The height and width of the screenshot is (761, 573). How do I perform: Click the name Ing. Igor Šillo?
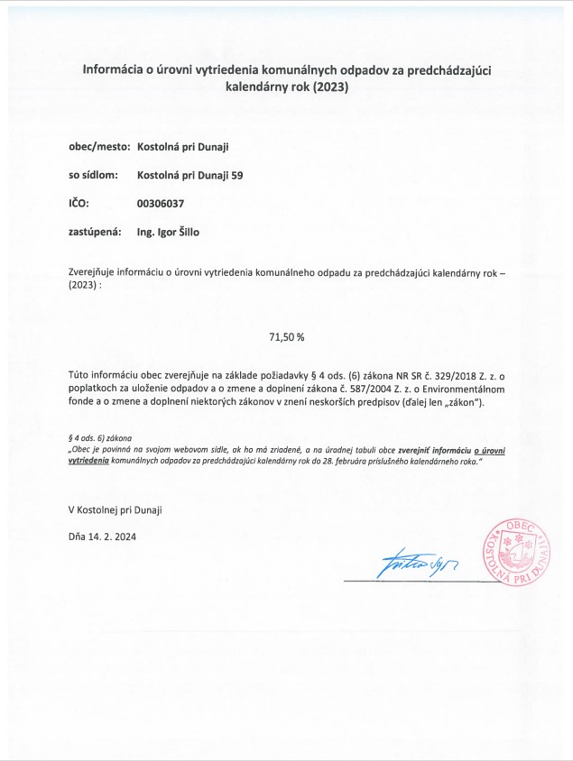[168, 232]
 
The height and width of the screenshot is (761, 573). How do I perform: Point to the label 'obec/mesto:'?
[99, 145]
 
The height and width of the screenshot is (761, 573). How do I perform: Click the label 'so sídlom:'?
[93, 174]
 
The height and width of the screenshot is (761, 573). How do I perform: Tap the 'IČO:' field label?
[79, 203]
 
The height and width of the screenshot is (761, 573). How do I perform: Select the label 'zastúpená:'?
[95, 232]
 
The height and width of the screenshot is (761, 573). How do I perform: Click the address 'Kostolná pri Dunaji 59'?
[189, 174]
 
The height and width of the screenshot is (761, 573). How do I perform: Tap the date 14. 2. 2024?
[113, 536]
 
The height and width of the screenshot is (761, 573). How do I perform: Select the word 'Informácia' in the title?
[115, 69]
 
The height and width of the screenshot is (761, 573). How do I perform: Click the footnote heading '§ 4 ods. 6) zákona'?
[100, 437]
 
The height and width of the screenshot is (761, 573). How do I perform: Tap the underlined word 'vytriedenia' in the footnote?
[88, 460]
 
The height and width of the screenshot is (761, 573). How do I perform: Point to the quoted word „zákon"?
[462, 402]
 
